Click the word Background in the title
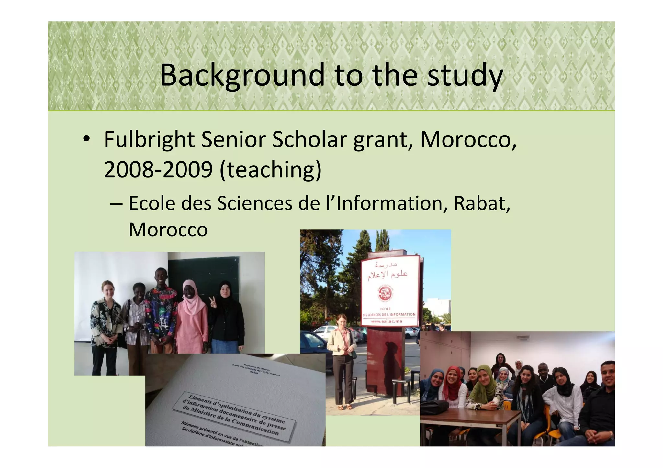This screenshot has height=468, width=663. click(242, 75)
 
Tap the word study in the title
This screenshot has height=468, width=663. click(465, 75)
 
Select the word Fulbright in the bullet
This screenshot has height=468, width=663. click(149, 140)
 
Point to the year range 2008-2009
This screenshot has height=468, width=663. click(158, 170)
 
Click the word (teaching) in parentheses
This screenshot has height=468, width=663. click(270, 170)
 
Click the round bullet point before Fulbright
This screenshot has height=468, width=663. click(86, 139)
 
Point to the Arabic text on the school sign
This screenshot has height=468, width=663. click(387, 272)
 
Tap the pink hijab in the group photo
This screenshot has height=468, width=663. click(194, 299)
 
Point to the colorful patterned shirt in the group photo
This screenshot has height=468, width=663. click(161, 314)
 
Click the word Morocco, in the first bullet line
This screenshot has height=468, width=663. click(468, 140)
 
